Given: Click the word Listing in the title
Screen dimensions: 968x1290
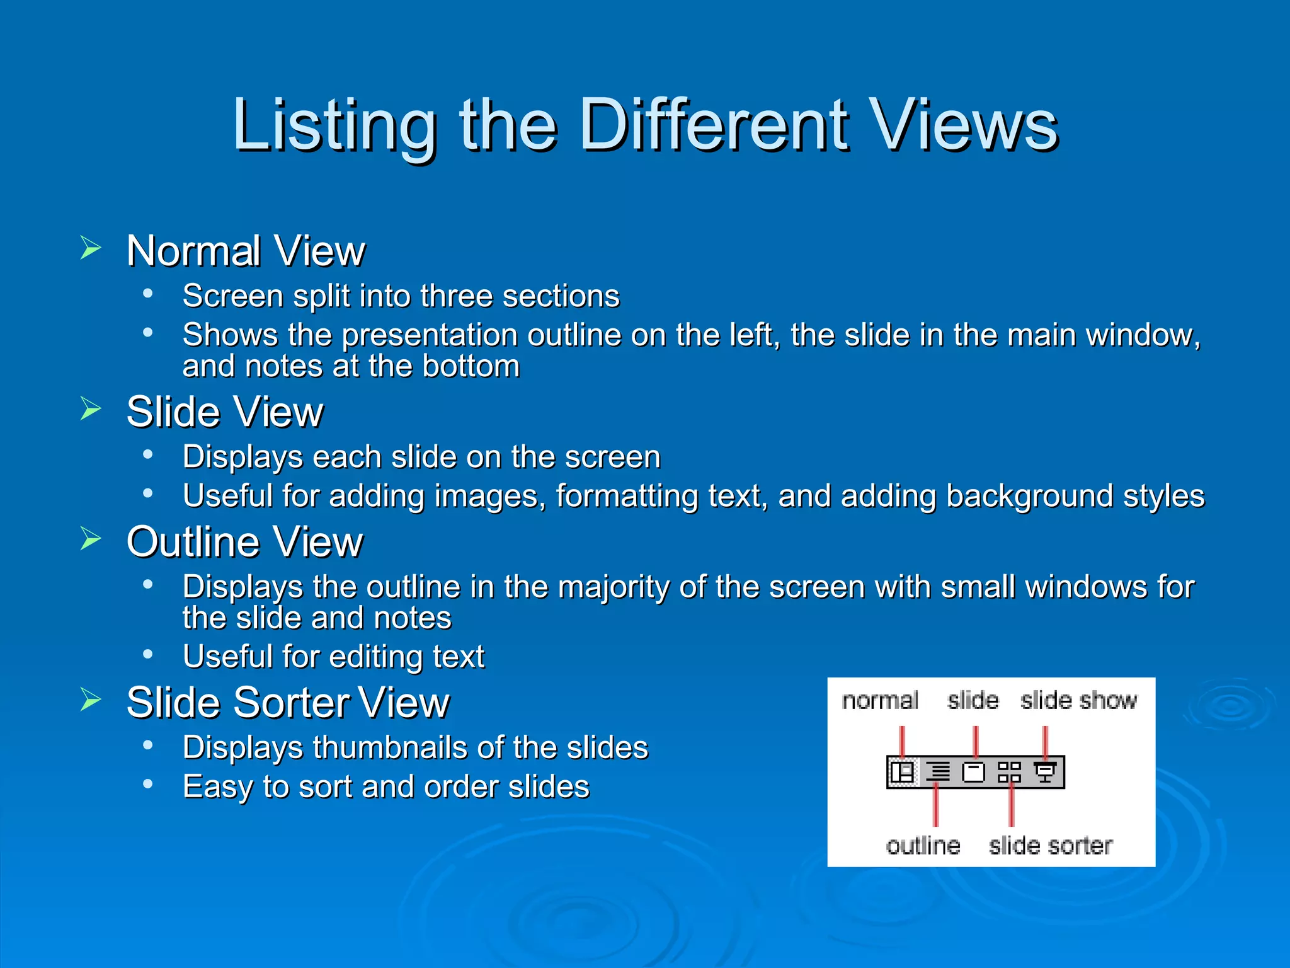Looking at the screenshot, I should pyautogui.click(x=334, y=126).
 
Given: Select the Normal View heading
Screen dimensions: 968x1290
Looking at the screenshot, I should pyautogui.click(x=246, y=251).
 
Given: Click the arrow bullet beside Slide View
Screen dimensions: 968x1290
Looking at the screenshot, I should pyautogui.click(x=91, y=409).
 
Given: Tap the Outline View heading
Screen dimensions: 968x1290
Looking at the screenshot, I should pyautogui.click(x=244, y=542).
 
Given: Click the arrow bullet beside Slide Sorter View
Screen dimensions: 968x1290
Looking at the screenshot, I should pyautogui.click(x=91, y=700).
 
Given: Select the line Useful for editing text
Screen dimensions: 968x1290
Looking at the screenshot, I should pyautogui.click(x=333, y=657).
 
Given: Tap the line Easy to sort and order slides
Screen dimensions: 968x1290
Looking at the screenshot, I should pyautogui.click(x=385, y=787).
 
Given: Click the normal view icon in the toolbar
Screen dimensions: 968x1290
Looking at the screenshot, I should pyautogui.click(x=902, y=772).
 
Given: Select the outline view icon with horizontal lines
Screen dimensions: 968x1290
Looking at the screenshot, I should pyautogui.click(x=939, y=772).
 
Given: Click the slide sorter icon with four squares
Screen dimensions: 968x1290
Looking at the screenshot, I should pyautogui.click(x=1009, y=772).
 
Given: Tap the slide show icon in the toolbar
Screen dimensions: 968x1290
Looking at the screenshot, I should pyautogui.click(x=1045, y=772).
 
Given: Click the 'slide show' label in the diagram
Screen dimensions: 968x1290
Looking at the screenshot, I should pyautogui.click(x=1078, y=701).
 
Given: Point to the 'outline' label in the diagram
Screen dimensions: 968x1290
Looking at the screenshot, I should pyautogui.click(x=923, y=846).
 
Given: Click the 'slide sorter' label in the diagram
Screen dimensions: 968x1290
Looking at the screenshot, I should pyautogui.click(x=1050, y=846).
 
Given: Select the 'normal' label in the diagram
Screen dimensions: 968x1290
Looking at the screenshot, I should pyautogui.click(x=880, y=701).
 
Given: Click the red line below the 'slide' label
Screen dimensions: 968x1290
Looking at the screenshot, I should pyautogui.click(x=976, y=740).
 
